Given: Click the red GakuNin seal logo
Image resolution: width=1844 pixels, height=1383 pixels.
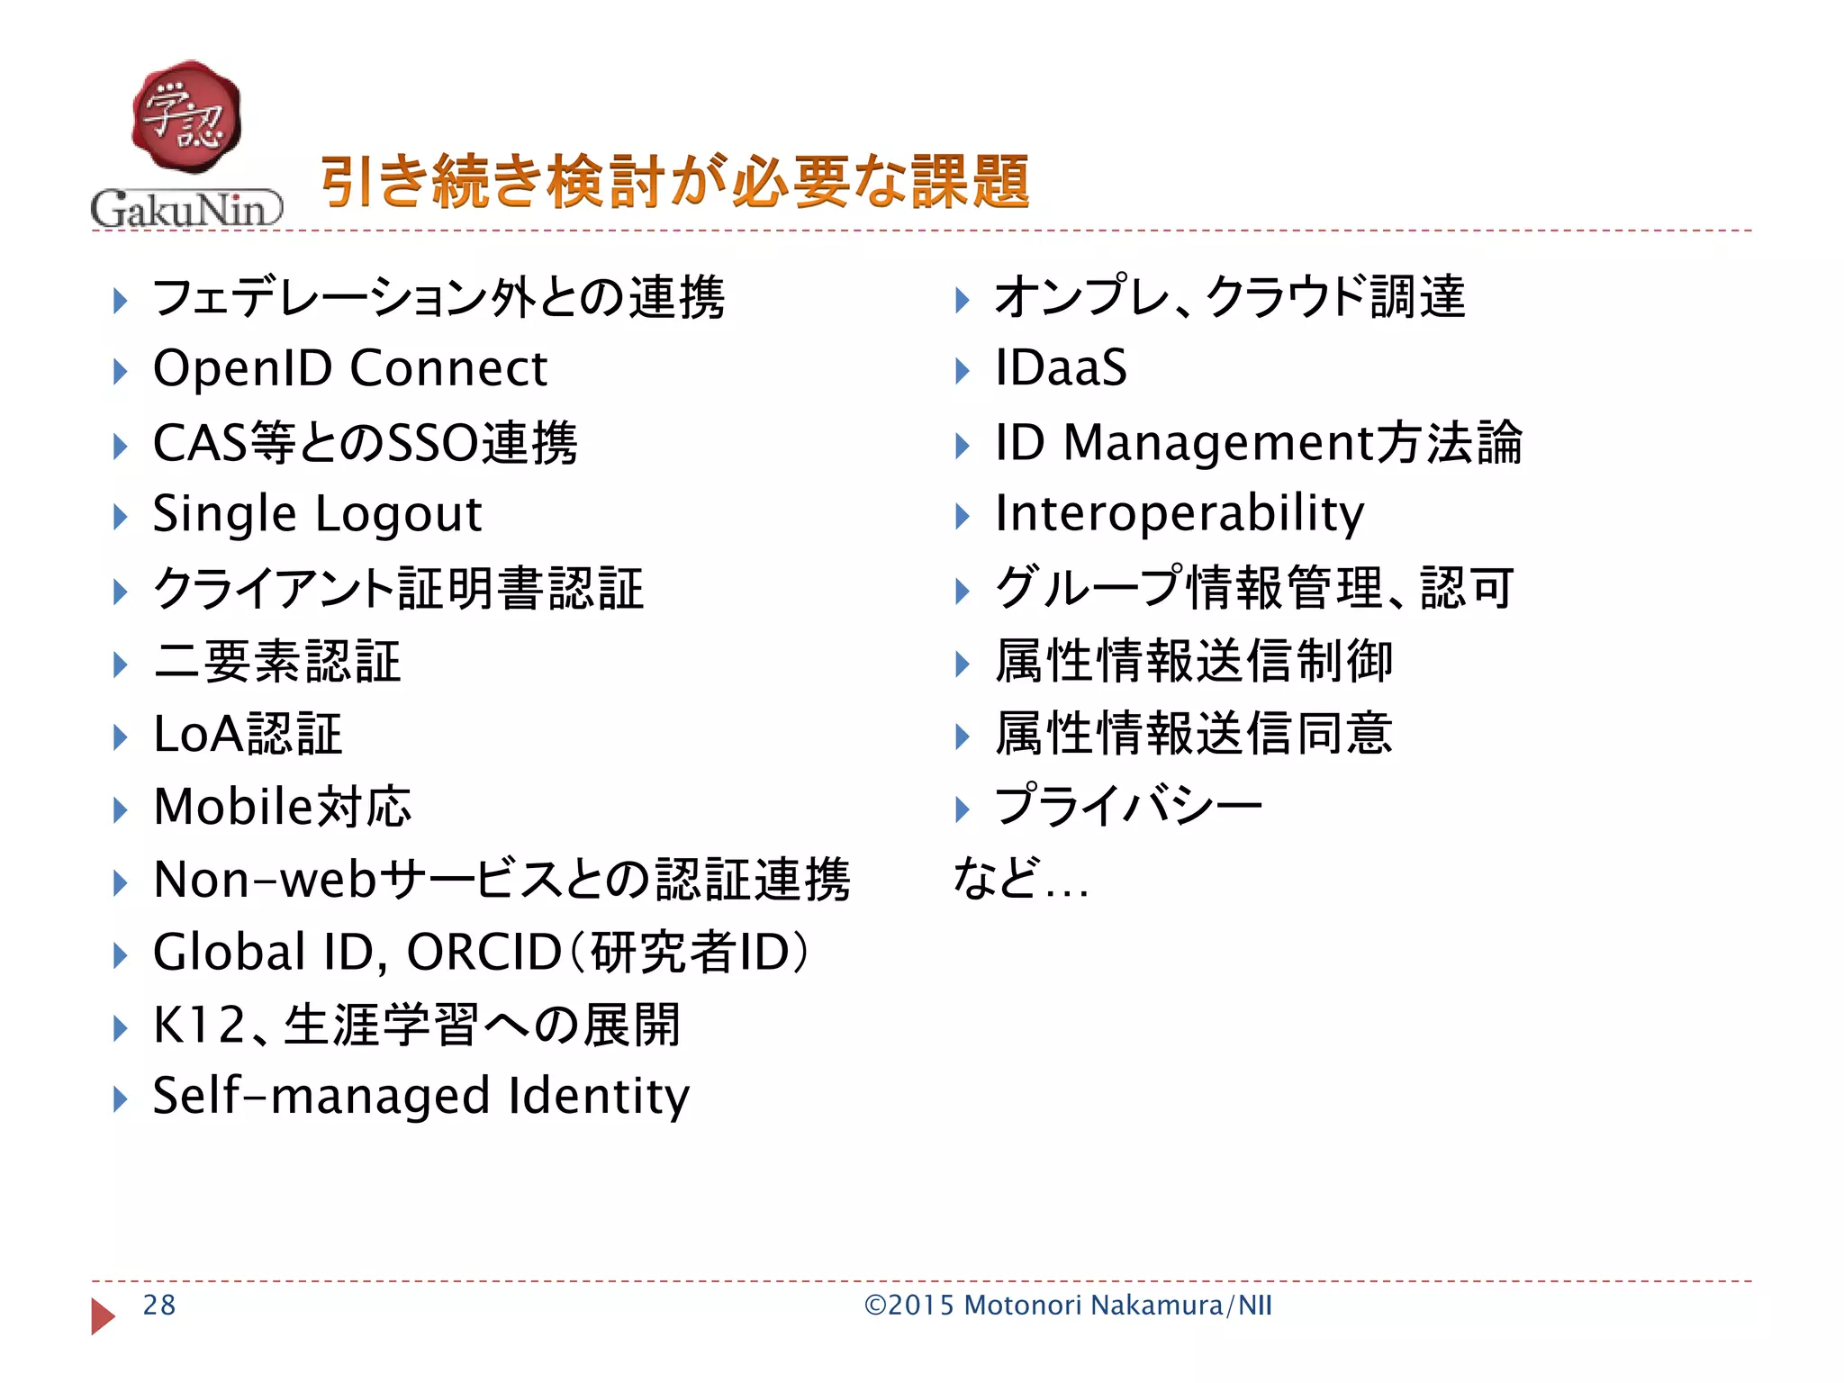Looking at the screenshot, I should tap(186, 118).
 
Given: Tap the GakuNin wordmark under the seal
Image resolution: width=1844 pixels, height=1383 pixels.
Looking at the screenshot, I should tap(186, 209).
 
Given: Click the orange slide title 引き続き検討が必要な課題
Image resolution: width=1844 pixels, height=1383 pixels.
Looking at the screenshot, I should tap(674, 182).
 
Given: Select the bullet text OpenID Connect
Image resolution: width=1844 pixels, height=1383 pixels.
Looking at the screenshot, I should tap(349, 369).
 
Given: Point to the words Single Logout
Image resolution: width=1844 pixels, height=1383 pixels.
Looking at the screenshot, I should tap(317, 515).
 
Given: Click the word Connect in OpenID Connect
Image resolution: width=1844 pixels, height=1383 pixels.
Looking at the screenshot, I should tap(448, 369).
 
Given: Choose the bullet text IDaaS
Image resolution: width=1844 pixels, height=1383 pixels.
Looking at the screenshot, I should tap(1061, 368).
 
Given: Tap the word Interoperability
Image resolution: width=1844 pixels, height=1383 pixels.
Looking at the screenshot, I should tap(1179, 515).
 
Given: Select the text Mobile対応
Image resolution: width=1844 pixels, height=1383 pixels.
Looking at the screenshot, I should tap(282, 806).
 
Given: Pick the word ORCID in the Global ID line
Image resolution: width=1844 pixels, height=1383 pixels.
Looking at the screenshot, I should tap(484, 953).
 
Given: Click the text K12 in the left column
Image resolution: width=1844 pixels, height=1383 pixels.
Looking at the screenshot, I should tap(199, 1026).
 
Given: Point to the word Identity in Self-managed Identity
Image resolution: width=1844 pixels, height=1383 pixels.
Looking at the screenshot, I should tap(599, 1097).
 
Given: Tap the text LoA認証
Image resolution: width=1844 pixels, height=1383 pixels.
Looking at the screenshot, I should tap(248, 734).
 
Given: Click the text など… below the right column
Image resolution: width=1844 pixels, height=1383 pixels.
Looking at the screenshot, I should tap(1020, 880).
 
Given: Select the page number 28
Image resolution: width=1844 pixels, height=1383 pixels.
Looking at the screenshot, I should tap(159, 1306).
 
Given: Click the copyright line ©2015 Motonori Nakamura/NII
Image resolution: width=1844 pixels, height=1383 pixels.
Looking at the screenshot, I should tap(1068, 1306).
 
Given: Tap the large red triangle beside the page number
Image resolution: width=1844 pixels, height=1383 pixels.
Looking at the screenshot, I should tap(103, 1316).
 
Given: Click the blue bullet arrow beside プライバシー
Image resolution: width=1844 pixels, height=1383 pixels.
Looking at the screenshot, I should tap(962, 809).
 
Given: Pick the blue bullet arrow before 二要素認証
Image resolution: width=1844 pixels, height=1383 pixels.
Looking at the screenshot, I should tap(120, 664).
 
